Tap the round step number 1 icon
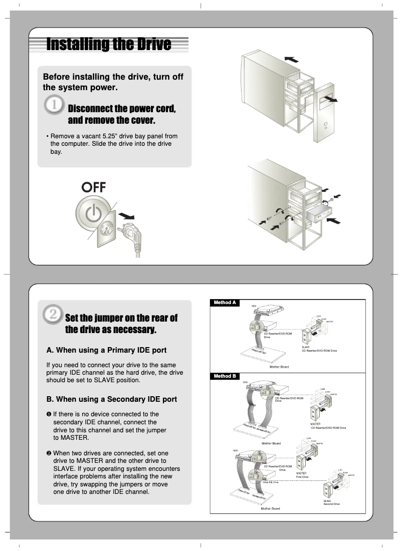[54, 106]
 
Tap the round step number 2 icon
[53, 315]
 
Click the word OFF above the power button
[94, 188]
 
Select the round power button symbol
[93, 214]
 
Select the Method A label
[225, 303]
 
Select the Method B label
[225, 376]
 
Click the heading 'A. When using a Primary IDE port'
[106, 350]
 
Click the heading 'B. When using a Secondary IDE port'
[111, 399]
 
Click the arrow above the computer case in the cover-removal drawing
[291, 59]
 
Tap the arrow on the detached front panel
[329, 100]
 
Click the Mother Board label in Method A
[279, 367]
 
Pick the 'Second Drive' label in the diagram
[331, 503]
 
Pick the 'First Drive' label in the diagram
[302, 477]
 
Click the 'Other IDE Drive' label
[270, 482]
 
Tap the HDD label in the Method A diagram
[254, 306]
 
